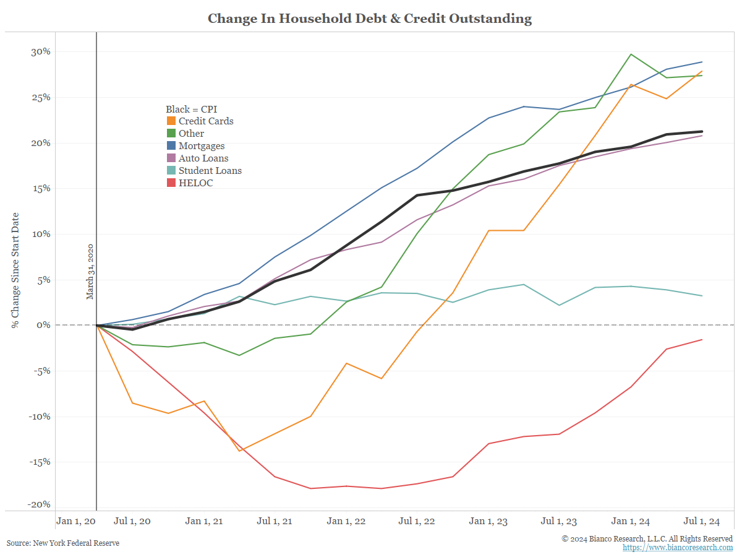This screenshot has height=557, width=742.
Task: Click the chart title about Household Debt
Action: click(x=370, y=19)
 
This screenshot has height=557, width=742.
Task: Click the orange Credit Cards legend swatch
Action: click(x=171, y=121)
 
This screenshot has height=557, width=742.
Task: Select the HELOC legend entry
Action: click(x=195, y=183)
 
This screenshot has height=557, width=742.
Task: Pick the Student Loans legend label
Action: click(x=210, y=170)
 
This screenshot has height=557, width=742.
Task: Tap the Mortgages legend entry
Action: click(x=202, y=146)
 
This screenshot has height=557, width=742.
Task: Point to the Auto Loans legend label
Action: click(x=203, y=158)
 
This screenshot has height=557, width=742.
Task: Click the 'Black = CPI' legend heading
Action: click(x=191, y=110)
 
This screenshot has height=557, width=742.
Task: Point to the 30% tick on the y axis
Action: click(x=40, y=51)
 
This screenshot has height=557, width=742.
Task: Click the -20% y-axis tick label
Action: click(x=38, y=505)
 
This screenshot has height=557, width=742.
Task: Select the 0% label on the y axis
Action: click(x=43, y=325)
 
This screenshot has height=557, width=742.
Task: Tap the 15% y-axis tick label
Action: click(x=40, y=188)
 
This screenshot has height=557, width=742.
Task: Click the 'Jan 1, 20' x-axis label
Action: click(x=75, y=521)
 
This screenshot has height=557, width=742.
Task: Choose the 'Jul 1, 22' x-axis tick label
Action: click(x=418, y=521)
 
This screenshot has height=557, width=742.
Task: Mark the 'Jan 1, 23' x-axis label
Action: click(x=488, y=521)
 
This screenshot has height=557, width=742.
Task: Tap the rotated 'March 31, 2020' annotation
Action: click(x=90, y=272)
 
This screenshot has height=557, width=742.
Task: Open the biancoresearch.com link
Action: click(x=678, y=548)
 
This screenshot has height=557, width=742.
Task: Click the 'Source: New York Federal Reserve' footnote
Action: click(x=63, y=543)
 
